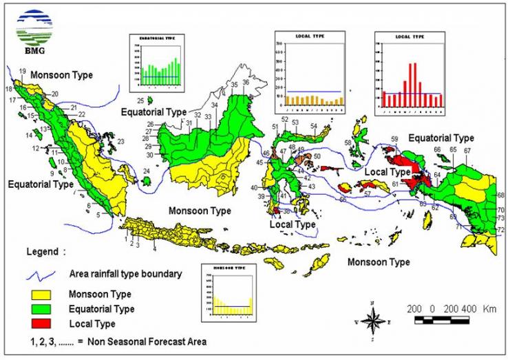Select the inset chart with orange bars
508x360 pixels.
point(308,72)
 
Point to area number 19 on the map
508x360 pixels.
point(22,72)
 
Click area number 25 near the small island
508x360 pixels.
point(140,100)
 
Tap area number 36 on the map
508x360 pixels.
point(245,83)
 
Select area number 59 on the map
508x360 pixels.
point(394,140)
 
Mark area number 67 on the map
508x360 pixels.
point(467,150)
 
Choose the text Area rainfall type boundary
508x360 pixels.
point(126,273)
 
